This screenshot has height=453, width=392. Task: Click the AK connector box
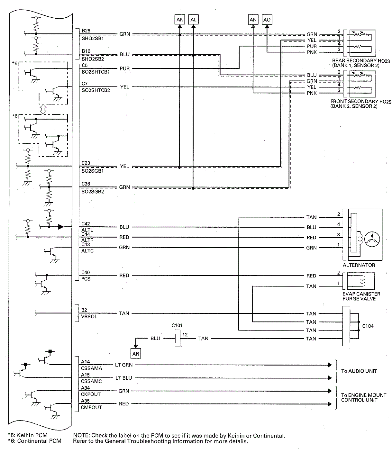pos(179,20)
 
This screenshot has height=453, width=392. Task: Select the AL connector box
pos(193,20)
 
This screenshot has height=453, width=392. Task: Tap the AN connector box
pos(253,20)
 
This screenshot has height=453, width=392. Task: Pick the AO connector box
pos(267,20)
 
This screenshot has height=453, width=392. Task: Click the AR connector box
pos(135,354)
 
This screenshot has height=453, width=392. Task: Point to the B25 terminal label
pos(86,31)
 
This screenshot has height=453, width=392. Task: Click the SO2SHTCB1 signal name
pos(96,72)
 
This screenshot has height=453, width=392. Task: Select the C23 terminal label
pos(86,163)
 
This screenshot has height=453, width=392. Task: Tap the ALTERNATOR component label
pos(359,265)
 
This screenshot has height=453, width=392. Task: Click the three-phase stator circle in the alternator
pos(372,240)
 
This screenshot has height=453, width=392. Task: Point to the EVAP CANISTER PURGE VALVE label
pos(361,296)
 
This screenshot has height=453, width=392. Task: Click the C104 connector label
pos(368,326)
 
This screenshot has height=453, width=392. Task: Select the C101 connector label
pos(177,325)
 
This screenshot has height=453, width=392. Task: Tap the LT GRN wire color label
pos(124,365)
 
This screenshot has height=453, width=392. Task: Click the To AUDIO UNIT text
pos(359,371)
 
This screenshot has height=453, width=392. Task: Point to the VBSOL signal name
pos(89,316)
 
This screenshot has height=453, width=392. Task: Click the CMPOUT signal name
pos(91,407)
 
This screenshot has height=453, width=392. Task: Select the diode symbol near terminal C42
pos(61,227)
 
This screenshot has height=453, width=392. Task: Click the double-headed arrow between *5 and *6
pos(43,109)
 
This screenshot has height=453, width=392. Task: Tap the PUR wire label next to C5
pos(124,68)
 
